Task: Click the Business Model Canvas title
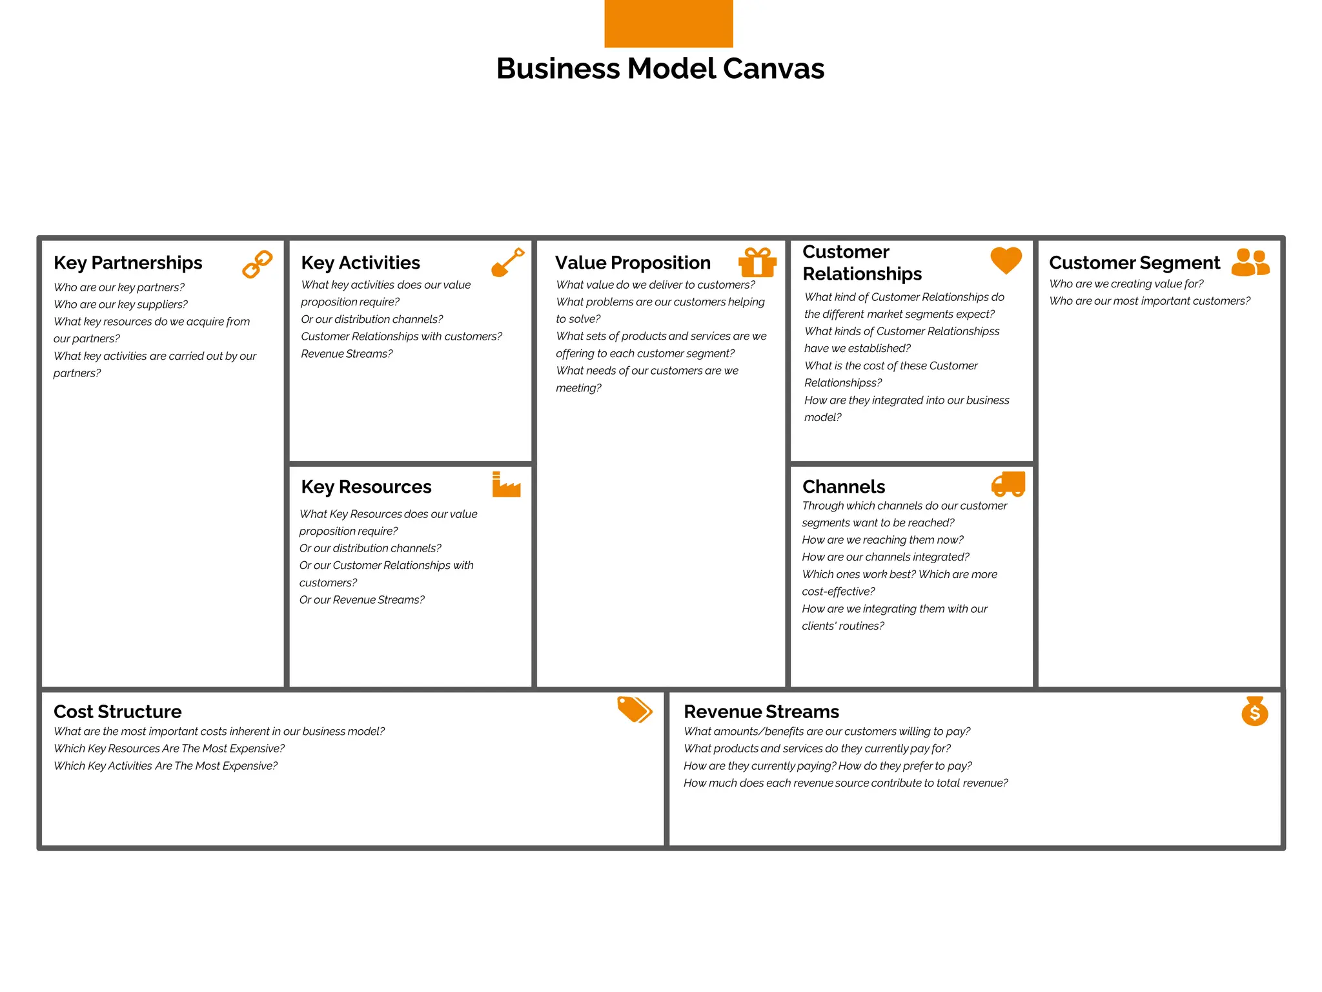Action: pyautogui.click(x=660, y=68)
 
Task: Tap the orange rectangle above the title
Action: pyautogui.click(x=668, y=23)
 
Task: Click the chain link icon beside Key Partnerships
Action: pyautogui.click(x=257, y=264)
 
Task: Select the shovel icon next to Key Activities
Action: pyautogui.click(x=507, y=262)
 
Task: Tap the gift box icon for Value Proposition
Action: pyautogui.click(x=757, y=262)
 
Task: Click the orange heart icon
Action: pyautogui.click(x=1006, y=260)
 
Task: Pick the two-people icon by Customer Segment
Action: pyautogui.click(x=1250, y=263)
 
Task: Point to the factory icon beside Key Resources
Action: pyautogui.click(x=506, y=485)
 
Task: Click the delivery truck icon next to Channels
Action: pyautogui.click(x=1008, y=484)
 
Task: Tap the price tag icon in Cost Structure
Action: pyautogui.click(x=634, y=709)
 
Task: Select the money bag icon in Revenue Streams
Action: pyautogui.click(x=1254, y=711)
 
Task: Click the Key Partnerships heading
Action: pyautogui.click(x=128, y=263)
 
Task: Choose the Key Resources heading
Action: pyautogui.click(x=366, y=487)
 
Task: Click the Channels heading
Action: pyautogui.click(x=843, y=487)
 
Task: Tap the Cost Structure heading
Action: pyautogui.click(x=117, y=712)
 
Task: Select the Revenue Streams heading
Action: pyautogui.click(x=761, y=712)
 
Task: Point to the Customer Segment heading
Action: pyautogui.click(x=1134, y=263)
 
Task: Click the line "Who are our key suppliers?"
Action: pyautogui.click(x=121, y=304)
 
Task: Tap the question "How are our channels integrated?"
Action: pyautogui.click(x=885, y=557)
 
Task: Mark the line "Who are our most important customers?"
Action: pyautogui.click(x=1149, y=301)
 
